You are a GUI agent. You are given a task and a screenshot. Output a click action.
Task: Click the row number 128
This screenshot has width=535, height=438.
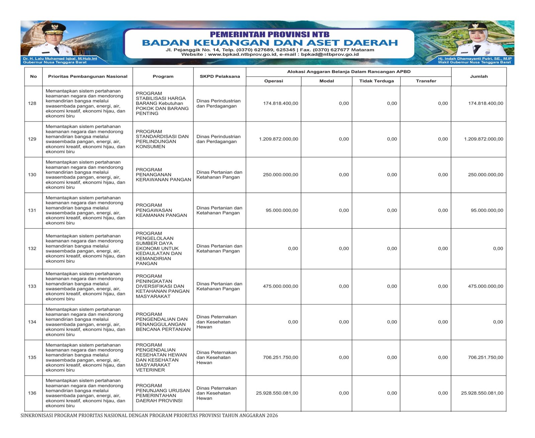click(32, 103)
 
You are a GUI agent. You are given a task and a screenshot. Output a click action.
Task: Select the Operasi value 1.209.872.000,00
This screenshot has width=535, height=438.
click(279, 139)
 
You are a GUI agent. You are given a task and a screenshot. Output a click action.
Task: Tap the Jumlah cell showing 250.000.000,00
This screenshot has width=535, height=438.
click(485, 175)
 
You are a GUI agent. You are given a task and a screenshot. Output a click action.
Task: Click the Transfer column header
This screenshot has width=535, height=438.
click(426, 81)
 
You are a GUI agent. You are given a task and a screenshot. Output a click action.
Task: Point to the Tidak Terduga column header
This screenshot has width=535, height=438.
click(377, 81)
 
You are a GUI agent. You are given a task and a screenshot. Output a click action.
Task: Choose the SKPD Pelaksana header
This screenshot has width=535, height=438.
click(220, 76)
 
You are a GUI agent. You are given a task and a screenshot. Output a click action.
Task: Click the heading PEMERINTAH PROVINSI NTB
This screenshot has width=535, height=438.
click(270, 34)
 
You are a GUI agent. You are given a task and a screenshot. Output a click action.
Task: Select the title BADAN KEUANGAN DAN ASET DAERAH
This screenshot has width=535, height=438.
click(270, 43)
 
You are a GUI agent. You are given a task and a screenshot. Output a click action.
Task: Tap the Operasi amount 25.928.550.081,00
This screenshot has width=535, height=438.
click(277, 393)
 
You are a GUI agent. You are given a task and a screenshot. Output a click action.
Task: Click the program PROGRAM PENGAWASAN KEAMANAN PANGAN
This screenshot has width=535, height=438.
click(161, 210)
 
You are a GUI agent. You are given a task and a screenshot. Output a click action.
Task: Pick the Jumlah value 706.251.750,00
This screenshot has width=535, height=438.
click(485, 357)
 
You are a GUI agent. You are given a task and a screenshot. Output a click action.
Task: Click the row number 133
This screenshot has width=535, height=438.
click(32, 286)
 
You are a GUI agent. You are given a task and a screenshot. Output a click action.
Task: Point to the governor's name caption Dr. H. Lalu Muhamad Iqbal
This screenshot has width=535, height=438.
click(60, 59)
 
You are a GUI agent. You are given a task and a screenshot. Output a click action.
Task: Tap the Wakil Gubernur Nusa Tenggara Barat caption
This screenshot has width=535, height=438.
click(474, 62)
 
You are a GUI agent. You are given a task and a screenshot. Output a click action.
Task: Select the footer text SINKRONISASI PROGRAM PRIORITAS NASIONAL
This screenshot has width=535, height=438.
click(149, 416)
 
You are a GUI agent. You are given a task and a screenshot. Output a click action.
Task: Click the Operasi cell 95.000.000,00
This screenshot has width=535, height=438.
click(282, 210)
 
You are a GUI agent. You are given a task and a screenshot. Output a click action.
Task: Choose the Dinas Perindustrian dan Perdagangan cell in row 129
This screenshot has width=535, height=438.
click(218, 139)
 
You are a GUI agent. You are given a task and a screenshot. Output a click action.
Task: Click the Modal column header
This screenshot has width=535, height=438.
click(326, 81)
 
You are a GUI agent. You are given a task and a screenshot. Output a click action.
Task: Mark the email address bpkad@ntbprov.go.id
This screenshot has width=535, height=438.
click(330, 54)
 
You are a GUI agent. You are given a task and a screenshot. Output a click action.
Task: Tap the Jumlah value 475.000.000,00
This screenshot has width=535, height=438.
click(485, 286)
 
